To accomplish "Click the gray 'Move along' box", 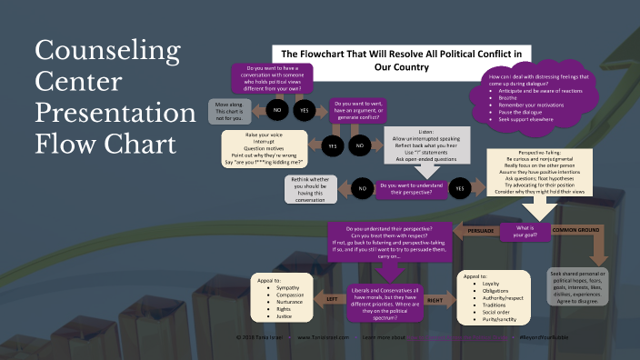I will click(229, 112).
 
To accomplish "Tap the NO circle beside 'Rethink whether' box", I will click(361, 188).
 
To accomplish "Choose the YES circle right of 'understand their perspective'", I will click(459, 188).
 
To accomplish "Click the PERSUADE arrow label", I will click(480, 231).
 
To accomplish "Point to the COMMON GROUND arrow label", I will click(575, 231).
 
